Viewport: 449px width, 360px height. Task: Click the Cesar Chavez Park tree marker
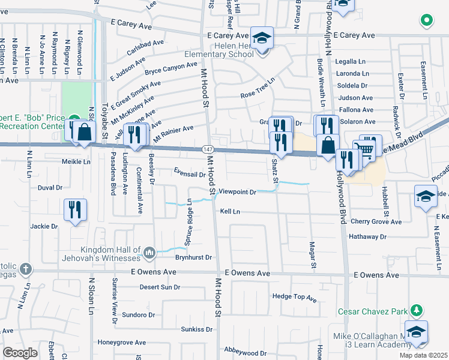(x=415, y=311)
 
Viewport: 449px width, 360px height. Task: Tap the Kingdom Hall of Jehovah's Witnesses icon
(x=149, y=254)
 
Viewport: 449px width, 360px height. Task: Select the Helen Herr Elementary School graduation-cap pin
(x=262, y=39)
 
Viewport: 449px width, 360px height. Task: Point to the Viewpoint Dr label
(x=237, y=192)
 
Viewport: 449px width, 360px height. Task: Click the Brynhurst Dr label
(x=194, y=257)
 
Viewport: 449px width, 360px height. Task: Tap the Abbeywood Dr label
(x=244, y=353)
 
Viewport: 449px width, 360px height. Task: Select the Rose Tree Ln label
(x=258, y=88)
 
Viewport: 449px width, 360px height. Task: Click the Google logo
(x=20, y=353)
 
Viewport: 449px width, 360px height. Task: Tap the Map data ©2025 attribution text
(x=423, y=355)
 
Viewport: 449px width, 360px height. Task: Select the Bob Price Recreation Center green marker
(x=73, y=118)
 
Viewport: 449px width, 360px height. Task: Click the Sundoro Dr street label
(x=138, y=314)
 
